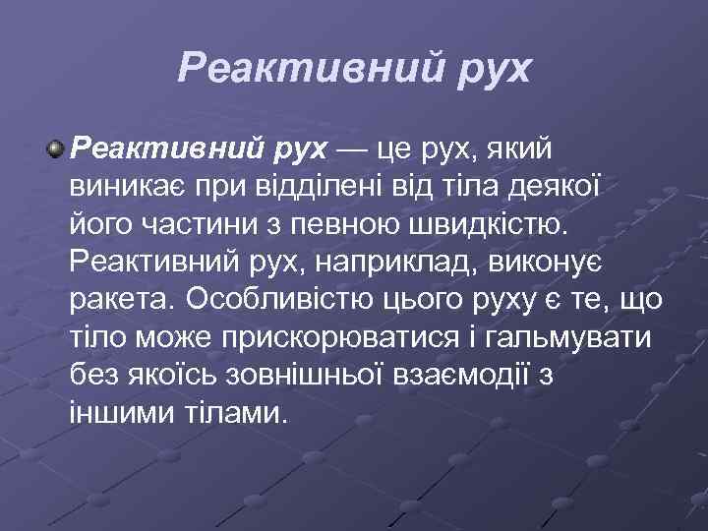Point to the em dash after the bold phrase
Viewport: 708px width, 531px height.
[x=353, y=150]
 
